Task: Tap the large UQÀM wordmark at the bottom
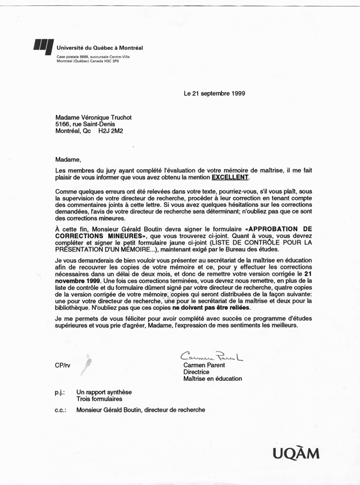(296, 453)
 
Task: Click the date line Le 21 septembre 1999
(214, 93)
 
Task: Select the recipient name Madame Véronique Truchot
(92, 117)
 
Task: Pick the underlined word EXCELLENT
(231, 177)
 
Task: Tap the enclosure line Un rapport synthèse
(108, 392)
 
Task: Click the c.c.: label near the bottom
(60, 410)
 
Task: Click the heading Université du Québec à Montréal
(100, 48)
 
